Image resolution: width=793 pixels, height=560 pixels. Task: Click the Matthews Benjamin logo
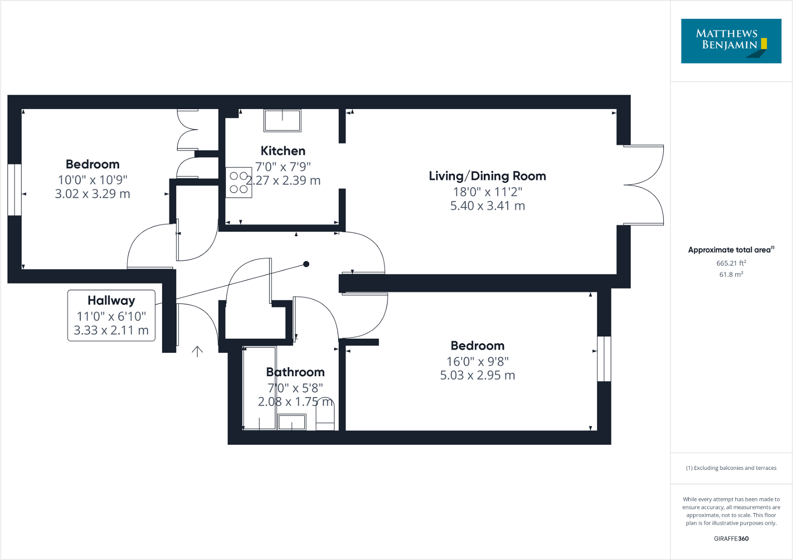click(x=731, y=41)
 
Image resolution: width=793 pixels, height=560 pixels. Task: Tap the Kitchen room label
click(x=283, y=151)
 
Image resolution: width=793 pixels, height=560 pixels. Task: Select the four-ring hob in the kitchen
click(x=239, y=182)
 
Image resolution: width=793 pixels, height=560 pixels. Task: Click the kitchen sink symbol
click(x=282, y=121)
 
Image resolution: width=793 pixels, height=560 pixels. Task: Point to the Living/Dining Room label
click(x=487, y=176)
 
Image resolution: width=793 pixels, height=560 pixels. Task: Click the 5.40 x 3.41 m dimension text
click(x=487, y=206)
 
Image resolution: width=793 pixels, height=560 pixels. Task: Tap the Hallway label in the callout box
click(x=111, y=300)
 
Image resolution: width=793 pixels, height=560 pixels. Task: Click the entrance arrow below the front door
click(x=198, y=351)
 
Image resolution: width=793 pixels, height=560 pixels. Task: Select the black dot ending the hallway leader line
click(x=306, y=264)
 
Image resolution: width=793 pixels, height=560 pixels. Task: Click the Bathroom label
click(x=295, y=372)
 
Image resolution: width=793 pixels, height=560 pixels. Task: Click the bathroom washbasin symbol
click(x=292, y=422)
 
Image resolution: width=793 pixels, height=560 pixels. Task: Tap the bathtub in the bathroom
click(x=259, y=388)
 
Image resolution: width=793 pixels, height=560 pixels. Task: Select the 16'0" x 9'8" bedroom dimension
click(x=477, y=362)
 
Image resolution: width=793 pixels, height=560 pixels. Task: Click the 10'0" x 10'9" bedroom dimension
click(x=93, y=180)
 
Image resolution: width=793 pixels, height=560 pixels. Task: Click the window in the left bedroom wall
click(x=15, y=190)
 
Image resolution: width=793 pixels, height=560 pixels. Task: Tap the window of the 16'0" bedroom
click(x=604, y=359)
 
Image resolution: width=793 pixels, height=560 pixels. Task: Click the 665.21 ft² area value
click(x=731, y=263)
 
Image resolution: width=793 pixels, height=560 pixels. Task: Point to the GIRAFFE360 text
click(x=731, y=539)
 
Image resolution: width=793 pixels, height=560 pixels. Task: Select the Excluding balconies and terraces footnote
click(x=731, y=468)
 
